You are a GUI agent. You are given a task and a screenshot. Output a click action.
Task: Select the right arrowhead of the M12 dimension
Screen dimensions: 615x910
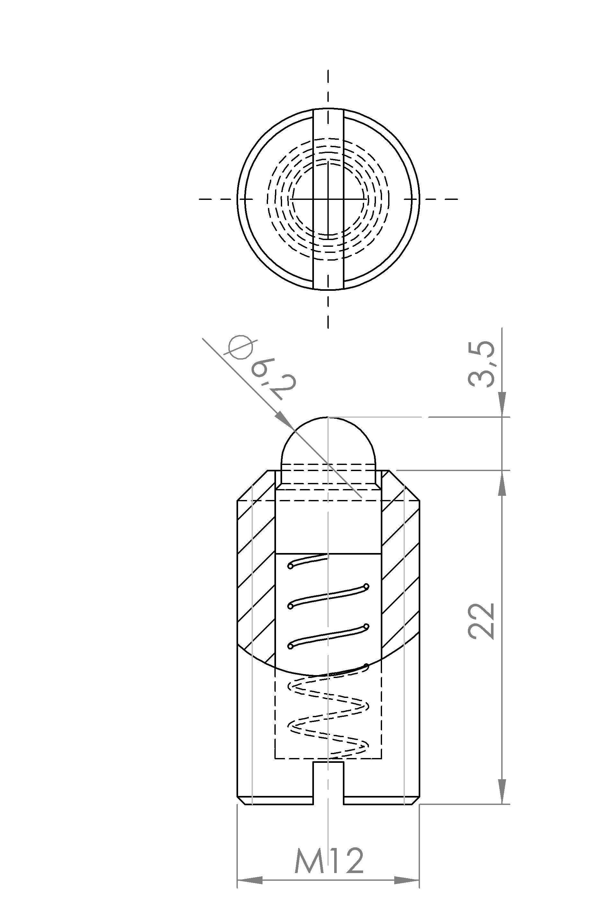[407, 891]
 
